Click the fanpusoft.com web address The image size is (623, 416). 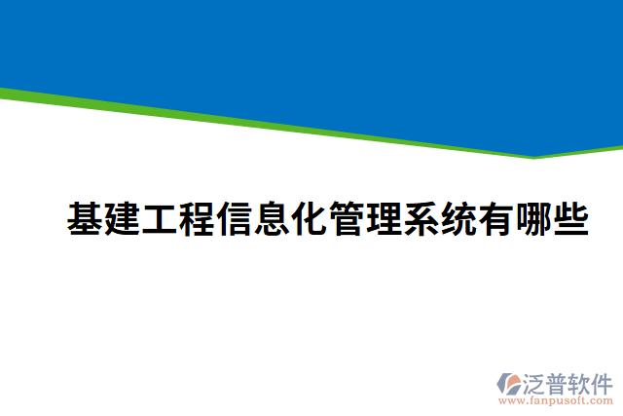[555, 400]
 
